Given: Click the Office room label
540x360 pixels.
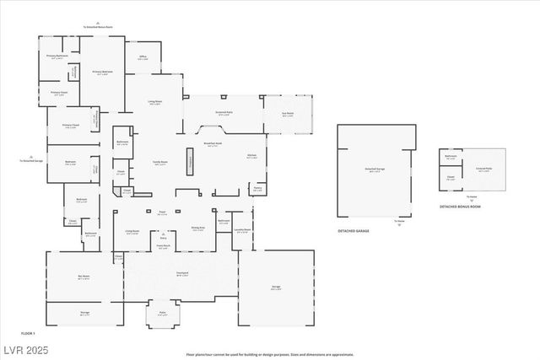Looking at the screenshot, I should [x=143, y=57].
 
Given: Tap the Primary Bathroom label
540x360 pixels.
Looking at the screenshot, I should [x=57, y=56].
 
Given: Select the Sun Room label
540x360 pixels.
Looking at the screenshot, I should [x=288, y=115].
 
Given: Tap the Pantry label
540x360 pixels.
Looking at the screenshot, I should [x=256, y=190].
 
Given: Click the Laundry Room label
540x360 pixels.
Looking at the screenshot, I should [x=241, y=230].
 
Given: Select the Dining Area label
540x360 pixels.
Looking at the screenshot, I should [x=197, y=228].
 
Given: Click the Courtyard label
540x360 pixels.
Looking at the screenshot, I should [x=181, y=273].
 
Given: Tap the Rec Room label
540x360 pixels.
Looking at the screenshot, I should [x=84, y=277].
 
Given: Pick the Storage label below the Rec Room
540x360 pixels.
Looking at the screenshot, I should [x=84, y=313].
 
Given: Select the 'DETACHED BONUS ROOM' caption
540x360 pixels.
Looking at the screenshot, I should [x=460, y=206].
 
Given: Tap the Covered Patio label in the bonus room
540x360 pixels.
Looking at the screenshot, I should [x=483, y=169].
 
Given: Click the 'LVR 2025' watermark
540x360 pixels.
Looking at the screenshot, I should [x=22, y=349].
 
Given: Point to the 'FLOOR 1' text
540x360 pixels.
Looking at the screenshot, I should [x=28, y=333].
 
